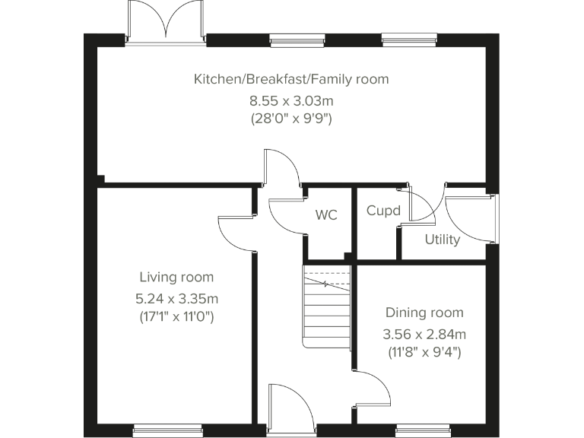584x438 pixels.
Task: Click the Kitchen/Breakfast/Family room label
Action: pos(291,79)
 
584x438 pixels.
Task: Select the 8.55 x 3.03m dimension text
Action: pos(291,100)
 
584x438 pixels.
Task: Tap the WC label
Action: pos(326,215)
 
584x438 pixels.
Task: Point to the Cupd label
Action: pos(383,211)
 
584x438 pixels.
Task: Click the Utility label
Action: pos(442,240)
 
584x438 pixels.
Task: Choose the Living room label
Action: pos(176,278)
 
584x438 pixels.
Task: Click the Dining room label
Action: pos(424,313)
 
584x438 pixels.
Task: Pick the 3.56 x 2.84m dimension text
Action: pos(424,333)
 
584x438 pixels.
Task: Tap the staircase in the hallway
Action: pos(326,308)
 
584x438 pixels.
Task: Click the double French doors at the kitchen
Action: pos(166,21)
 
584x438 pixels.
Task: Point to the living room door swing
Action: pos(236,232)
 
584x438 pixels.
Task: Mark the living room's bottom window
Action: pos(167,430)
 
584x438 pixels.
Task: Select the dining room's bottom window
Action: pos(423,430)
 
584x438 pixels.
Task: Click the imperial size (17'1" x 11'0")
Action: pos(176,316)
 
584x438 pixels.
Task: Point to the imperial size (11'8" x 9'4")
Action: pos(424,352)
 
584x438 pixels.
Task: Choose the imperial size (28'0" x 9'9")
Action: pos(291,119)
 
